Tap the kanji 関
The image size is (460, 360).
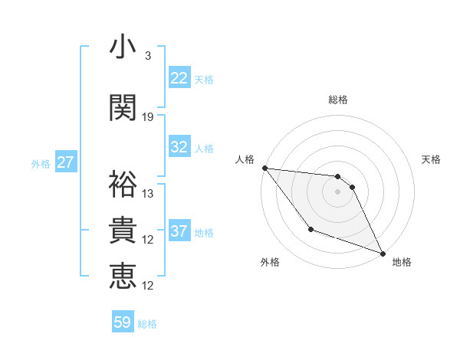pyautogui.click(x=123, y=107)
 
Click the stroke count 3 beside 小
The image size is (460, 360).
pyautogui.click(x=148, y=56)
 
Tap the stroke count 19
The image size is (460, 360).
pyautogui.click(x=148, y=117)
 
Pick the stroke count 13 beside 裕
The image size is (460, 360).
pyautogui.click(x=148, y=194)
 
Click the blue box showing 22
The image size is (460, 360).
pyautogui.click(x=179, y=78)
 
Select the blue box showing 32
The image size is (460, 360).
pyautogui.click(x=179, y=147)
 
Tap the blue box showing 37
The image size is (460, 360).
pyautogui.click(x=179, y=231)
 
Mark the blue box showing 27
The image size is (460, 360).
pyautogui.click(x=66, y=162)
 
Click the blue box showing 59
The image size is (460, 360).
pyautogui.click(x=123, y=322)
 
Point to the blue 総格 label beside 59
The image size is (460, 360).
pyautogui.click(x=147, y=324)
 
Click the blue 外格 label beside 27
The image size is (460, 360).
pyautogui.click(x=41, y=163)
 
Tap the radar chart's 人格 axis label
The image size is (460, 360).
pyautogui.click(x=245, y=159)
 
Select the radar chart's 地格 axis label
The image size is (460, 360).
pyautogui.click(x=402, y=263)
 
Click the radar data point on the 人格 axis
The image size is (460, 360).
pyautogui.click(x=264, y=168)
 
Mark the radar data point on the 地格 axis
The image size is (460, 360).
pyautogui.click(x=383, y=253)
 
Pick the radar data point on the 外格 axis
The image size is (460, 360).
pyautogui.click(x=310, y=229)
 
